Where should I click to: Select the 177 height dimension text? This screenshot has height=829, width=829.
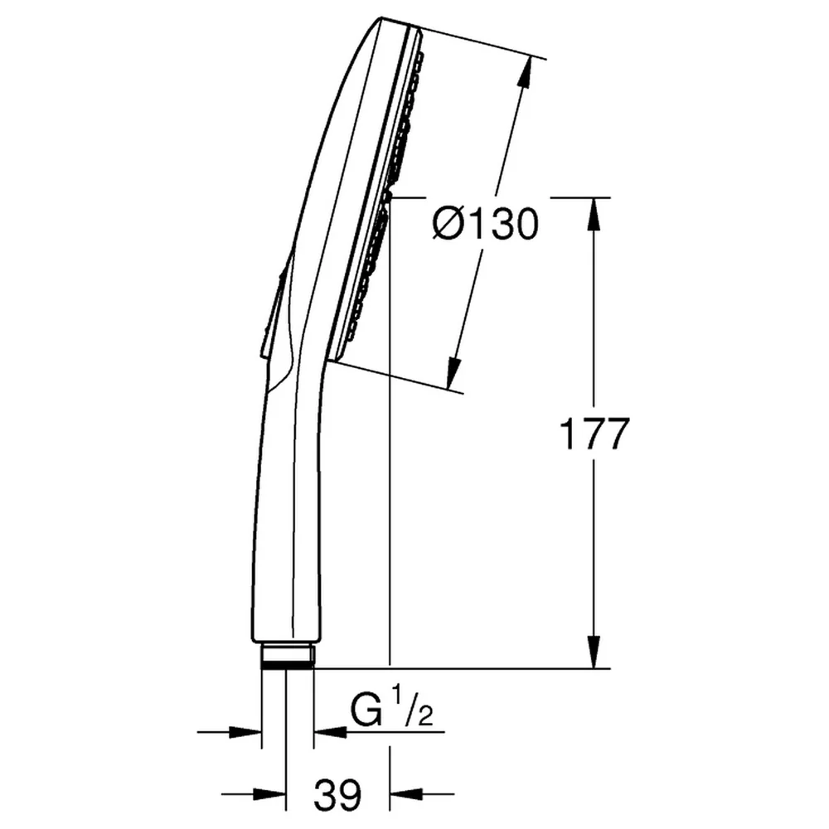594,434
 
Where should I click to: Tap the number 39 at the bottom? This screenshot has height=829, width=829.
338,795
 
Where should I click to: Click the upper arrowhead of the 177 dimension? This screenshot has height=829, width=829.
594,214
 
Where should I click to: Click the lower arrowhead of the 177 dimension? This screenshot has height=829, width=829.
594,652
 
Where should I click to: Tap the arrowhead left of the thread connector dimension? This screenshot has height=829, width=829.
245,732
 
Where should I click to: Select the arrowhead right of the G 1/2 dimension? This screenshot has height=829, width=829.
330,732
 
